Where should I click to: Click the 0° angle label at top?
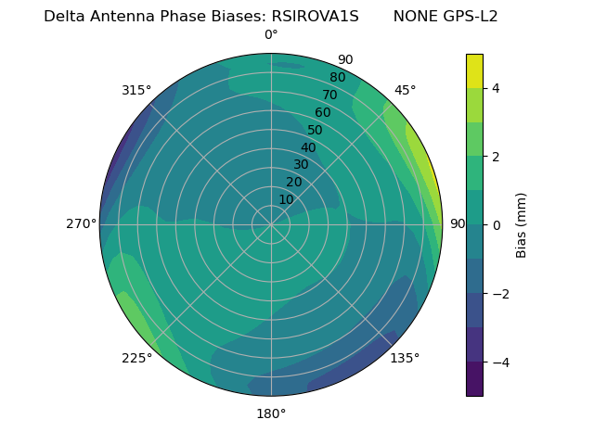[271, 35]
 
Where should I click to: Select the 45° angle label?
[405, 90]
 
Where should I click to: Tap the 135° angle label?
[405, 358]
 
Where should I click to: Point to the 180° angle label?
[271, 413]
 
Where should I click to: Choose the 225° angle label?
[136, 358]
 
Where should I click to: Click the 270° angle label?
[81, 223]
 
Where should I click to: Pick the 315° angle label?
[136, 90]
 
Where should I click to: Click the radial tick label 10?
[286, 199]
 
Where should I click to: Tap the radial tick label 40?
[308, 147]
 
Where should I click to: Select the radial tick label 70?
[329, 95]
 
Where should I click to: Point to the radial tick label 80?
[337, 77]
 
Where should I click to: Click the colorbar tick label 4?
[496, 88]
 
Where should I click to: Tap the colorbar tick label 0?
[496, 225]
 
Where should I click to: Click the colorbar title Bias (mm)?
[522, 224]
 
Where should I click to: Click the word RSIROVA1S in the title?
[315, 17]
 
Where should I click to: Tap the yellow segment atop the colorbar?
[474, 70]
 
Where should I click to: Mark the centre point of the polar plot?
[271, 224]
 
